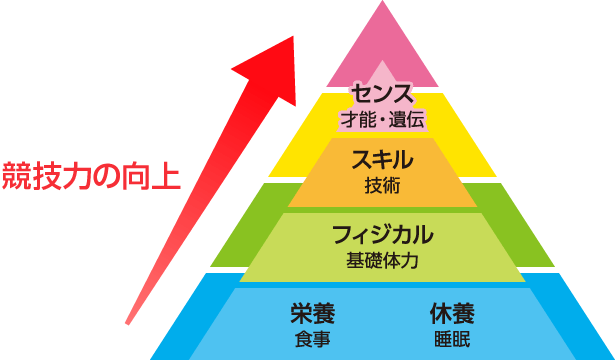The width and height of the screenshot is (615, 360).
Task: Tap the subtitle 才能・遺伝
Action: pos(383,120)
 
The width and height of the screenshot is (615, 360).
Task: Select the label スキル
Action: pos(383,158)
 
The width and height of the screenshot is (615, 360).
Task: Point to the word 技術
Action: pos(383,184)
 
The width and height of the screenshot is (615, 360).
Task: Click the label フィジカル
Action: pos(383,236)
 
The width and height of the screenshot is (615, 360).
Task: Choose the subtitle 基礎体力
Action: pos(383,261)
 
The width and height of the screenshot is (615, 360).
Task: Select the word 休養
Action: pos(452,312)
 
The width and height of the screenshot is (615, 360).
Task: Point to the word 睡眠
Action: pos(452,337)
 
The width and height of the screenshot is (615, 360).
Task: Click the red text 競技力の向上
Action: pos(90,174)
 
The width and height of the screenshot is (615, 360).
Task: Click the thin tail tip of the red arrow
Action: pos(129,319)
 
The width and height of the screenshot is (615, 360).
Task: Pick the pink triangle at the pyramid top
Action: pos(383,45)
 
